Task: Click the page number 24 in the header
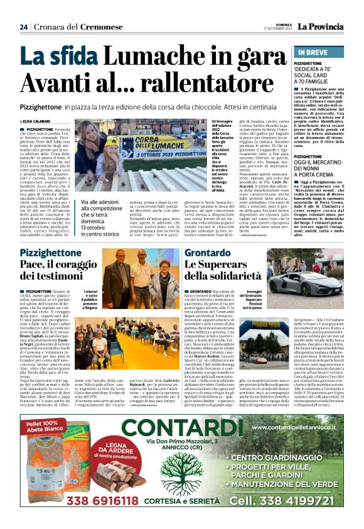(x=24, y=26)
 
